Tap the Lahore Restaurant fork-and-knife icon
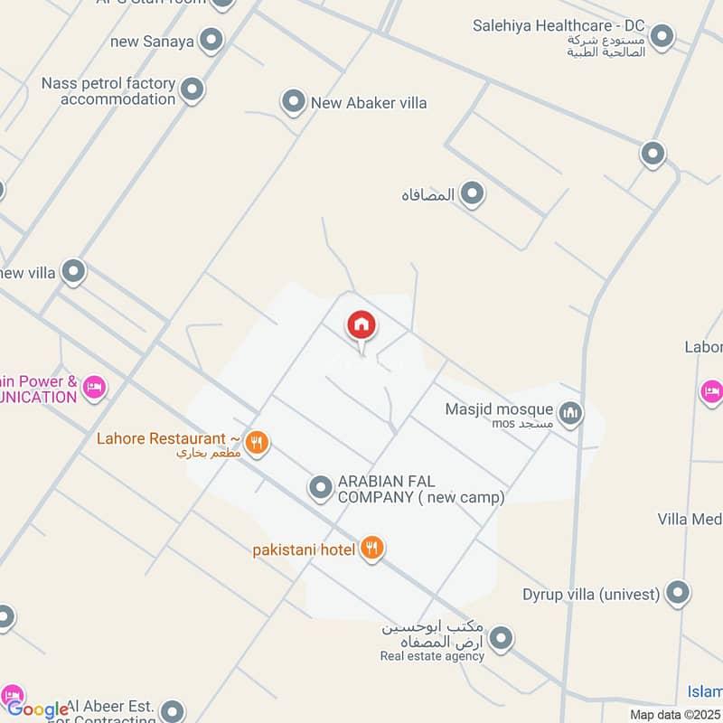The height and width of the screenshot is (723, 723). [257, 442]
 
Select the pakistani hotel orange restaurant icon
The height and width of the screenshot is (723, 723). [371, 548]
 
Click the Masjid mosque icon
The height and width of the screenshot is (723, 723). [569, 414]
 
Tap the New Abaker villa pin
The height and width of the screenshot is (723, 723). [293, 102]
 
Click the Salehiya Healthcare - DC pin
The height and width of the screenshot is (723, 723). [662, 36]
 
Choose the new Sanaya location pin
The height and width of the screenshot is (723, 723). [211, 40]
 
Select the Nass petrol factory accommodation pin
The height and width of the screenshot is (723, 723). [192, 89]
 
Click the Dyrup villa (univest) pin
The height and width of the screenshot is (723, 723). [678, 594]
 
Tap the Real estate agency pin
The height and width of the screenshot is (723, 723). [501, 639]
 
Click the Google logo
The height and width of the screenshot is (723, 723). [38, 709]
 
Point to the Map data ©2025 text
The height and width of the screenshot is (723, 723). [675, 714]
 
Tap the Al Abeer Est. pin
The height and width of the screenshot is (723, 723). [172, 710]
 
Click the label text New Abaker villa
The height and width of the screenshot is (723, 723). [369, 103]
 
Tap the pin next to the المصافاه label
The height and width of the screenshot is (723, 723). [471, 193]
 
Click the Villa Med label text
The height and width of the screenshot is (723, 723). [689, 519]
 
